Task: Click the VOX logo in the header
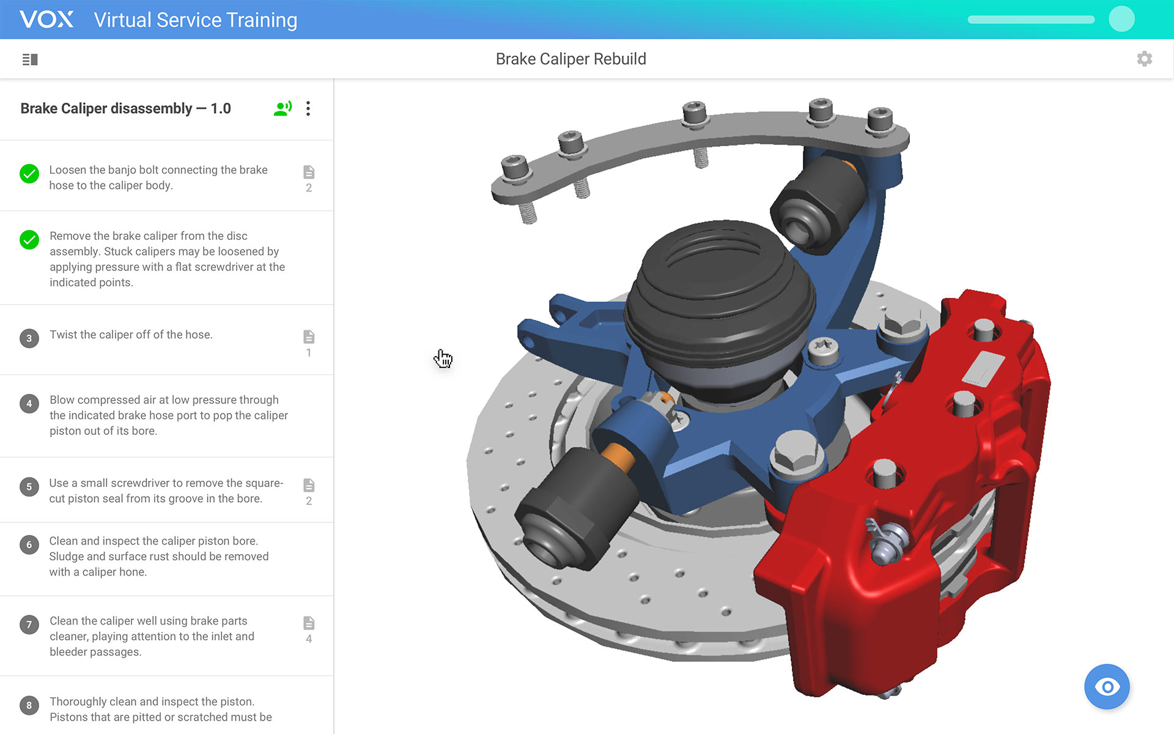pos(46,20)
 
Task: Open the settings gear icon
pos(1144,59)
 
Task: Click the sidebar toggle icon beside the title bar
pos(30,59)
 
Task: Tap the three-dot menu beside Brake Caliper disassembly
pos(308,108)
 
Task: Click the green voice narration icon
pos(282,108)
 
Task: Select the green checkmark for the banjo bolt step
pos(29,174)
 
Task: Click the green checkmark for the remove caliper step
pos(29,240)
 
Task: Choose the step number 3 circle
pos(29,338)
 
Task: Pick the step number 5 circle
pos(29,487)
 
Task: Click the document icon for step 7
pos(309,623)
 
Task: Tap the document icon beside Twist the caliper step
pos(309,337)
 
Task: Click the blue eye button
pos(1107,686)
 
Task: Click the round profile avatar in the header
pos(1121,19)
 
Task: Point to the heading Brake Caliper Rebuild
pos(570,59)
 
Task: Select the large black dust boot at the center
pos(718,294)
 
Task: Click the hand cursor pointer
pos(443,358)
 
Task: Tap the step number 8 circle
pos(29,705)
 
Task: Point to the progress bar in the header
pos(1031,20)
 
